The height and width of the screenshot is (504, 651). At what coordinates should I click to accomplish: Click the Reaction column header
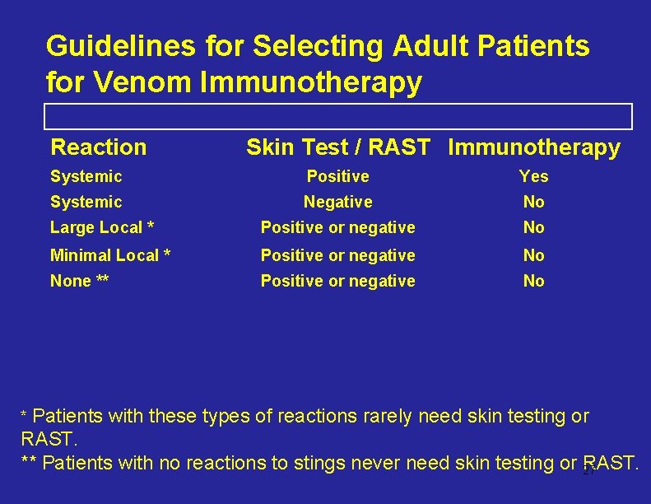[x=99, y=147]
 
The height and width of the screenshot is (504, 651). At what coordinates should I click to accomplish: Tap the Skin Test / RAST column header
[x=337, y=147]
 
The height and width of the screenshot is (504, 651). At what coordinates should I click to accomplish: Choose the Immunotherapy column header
[x=534, y=147]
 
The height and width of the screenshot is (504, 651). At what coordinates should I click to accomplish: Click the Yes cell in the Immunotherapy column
[x=533, y=176]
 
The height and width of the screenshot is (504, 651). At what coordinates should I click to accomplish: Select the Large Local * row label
[x=102, y=227]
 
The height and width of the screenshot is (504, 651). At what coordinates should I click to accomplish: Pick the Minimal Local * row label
[x=110, y=255]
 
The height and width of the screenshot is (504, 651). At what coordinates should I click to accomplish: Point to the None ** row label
[x=80, y=281]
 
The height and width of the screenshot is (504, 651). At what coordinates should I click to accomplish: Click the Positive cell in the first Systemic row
[x=337, y=176]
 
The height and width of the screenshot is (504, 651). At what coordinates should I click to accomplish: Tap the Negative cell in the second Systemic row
[x=337, y=202]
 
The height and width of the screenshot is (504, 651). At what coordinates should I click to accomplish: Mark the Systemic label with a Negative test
[x=86, y=202]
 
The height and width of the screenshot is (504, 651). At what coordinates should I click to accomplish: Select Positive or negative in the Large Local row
[x=337, y=227]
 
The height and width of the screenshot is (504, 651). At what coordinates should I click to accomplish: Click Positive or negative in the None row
[x=337, y=281]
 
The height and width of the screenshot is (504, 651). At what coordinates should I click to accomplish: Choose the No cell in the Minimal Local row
[x=533, y=255]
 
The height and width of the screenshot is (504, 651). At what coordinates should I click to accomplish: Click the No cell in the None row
[x=533, y=281]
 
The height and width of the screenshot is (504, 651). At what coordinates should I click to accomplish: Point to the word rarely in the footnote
[x=387, y=417]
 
